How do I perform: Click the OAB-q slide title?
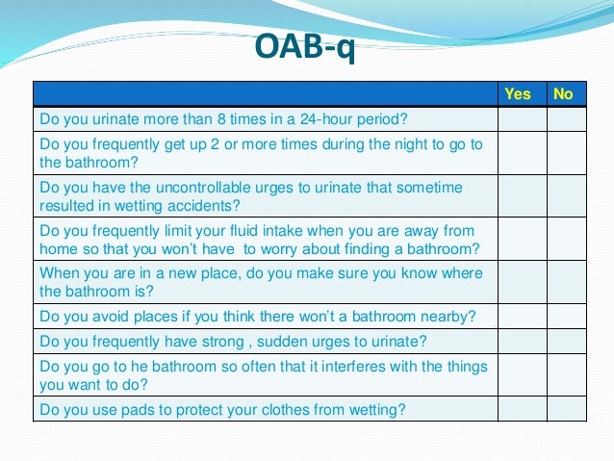(306, 46)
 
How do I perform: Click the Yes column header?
(518, 93)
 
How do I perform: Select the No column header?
(563, 93)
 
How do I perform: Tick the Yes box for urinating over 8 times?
(522, 119)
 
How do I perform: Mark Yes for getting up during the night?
(522, 153)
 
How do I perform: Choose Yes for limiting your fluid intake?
(522, 239)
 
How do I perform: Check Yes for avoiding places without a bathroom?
(522, 315)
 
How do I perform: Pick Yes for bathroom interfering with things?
(522, 374)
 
